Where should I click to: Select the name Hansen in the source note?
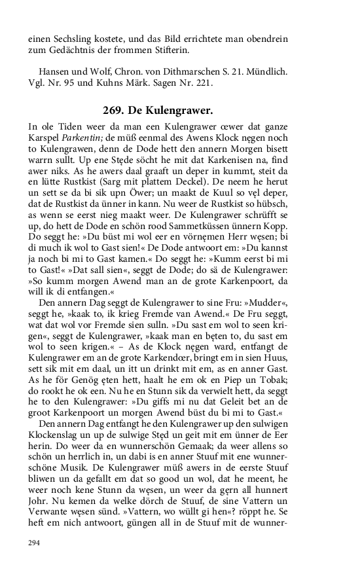(54, 71)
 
